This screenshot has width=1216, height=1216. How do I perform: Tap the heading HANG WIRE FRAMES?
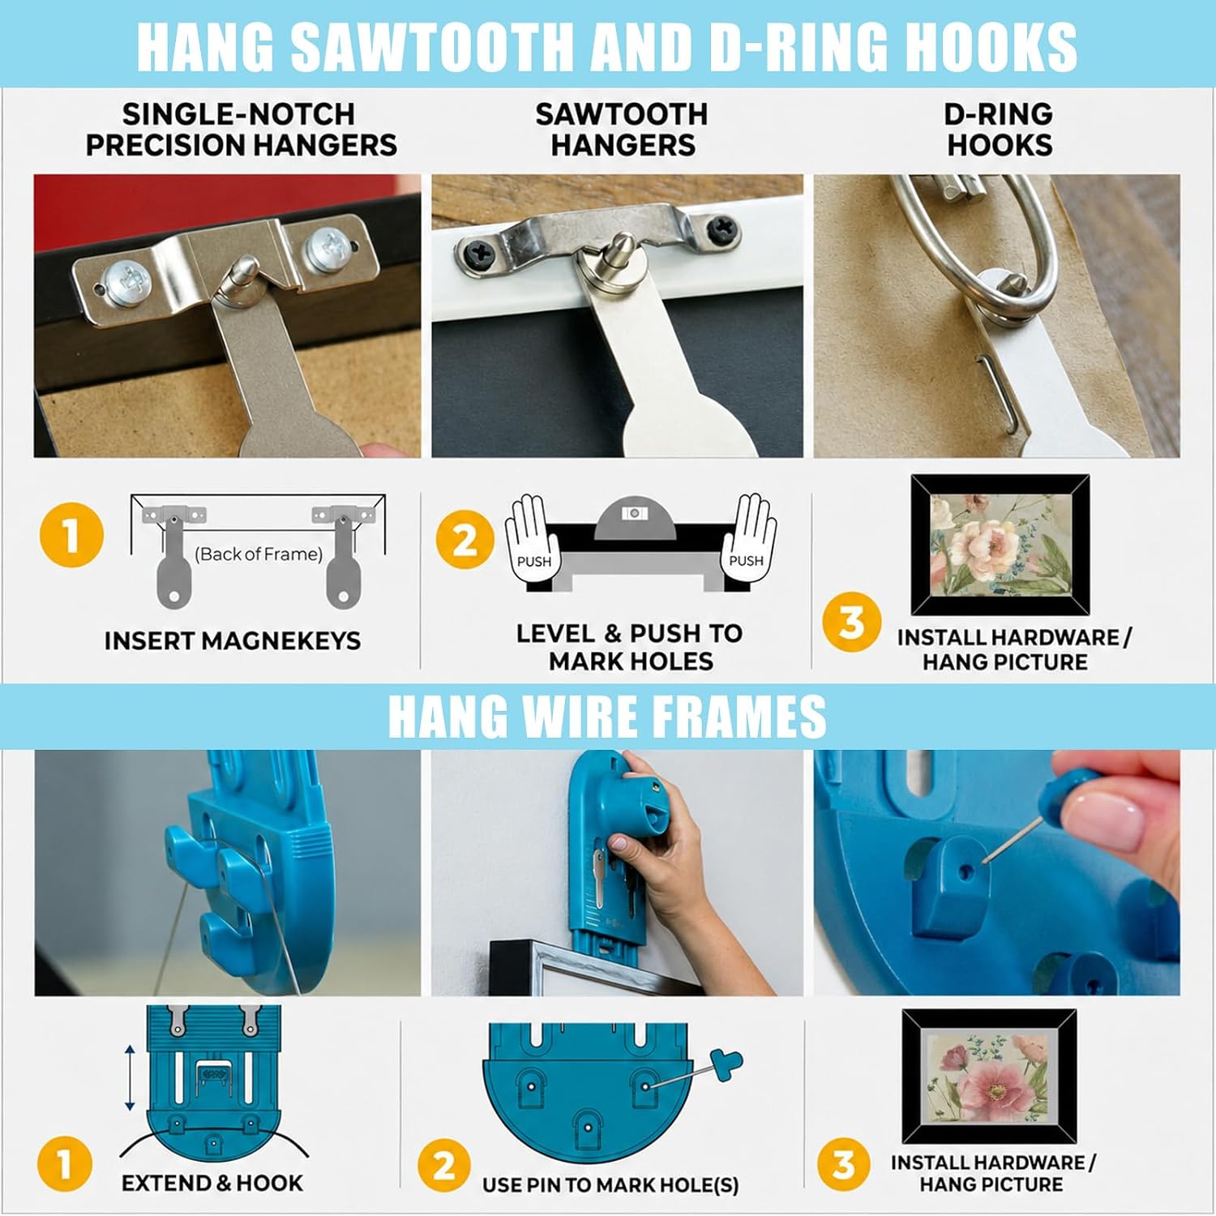click(x=607, y=716)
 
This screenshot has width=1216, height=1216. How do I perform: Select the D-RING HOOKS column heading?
click(x=999, y=129)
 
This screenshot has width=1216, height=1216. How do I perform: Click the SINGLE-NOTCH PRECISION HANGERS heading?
click(x=241, y=129)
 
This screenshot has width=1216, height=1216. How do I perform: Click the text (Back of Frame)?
click(x=259, y=554)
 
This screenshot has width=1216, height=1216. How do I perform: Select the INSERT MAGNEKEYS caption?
click(x=233, y=640)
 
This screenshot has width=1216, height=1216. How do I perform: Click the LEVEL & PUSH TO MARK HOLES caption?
click(x=630, y=647)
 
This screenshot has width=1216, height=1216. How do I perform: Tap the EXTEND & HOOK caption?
click(x=212, y=1183)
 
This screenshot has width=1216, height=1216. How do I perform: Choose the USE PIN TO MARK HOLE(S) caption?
click(x=610, y=1185)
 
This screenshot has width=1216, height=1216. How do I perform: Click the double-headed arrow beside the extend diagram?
click(x=130, y=1078)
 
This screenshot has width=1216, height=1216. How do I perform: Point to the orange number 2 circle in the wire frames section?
click(x=443, y=1167)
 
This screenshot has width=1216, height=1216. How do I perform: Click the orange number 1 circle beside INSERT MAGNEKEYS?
click(x=71, y=535)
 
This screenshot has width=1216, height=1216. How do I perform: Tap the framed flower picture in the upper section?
click(x=1000, y=545)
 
